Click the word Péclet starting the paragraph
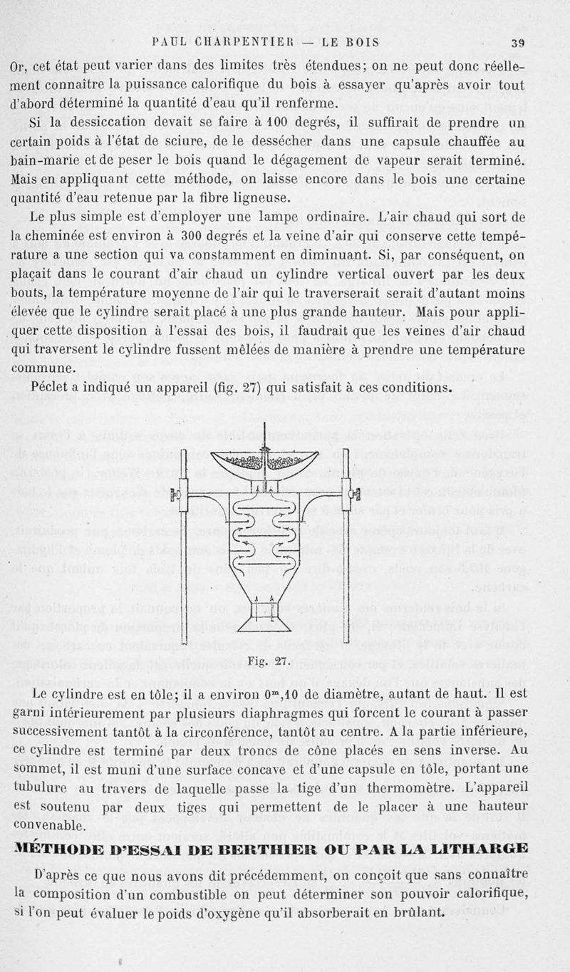coord(54,388)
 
